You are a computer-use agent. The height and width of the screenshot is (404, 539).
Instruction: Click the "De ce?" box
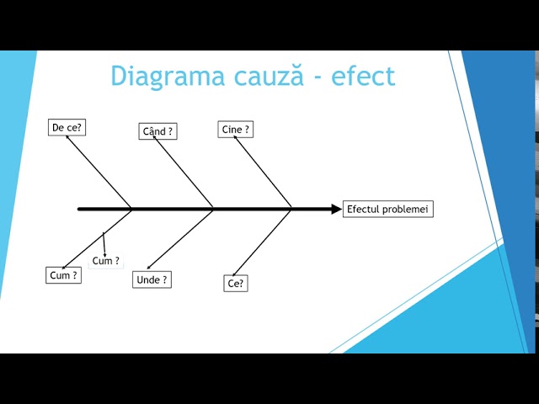pyautogui.click(x=67, y=128)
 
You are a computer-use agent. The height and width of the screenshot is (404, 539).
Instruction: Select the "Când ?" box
pyautogui.click(x=157, y=131)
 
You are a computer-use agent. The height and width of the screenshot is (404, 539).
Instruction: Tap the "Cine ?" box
pyautogui.click(x=235, y=130)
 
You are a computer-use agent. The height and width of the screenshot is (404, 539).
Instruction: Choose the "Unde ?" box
pyautogui.click(x=152, y=279)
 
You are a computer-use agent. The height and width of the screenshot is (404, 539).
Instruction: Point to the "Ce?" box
pyautogui.click(x=236, y=284)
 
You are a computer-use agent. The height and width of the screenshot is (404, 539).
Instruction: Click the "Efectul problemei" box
pyautogui.click(x=387, y=209)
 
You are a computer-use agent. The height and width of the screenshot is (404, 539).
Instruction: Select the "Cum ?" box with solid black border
pyautogui.click(x=63, y=275)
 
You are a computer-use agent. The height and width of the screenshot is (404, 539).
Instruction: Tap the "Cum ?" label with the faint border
pyautogui.click(x=106, y=261)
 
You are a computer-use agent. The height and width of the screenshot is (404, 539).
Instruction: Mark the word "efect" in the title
pyautogui.click(x=363, y=76)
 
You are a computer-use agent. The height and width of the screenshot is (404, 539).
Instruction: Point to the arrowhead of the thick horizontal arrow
pyautogui.click(x=336, y=209)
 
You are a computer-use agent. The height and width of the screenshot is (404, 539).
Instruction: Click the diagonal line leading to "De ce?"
pyautogui.click(x=99, y=172)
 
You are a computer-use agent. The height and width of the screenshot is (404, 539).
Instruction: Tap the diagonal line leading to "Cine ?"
pyautogui.click(x=263, y=173)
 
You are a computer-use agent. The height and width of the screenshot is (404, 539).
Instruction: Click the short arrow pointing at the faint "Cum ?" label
pyautogui.click(x=104, y=244)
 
